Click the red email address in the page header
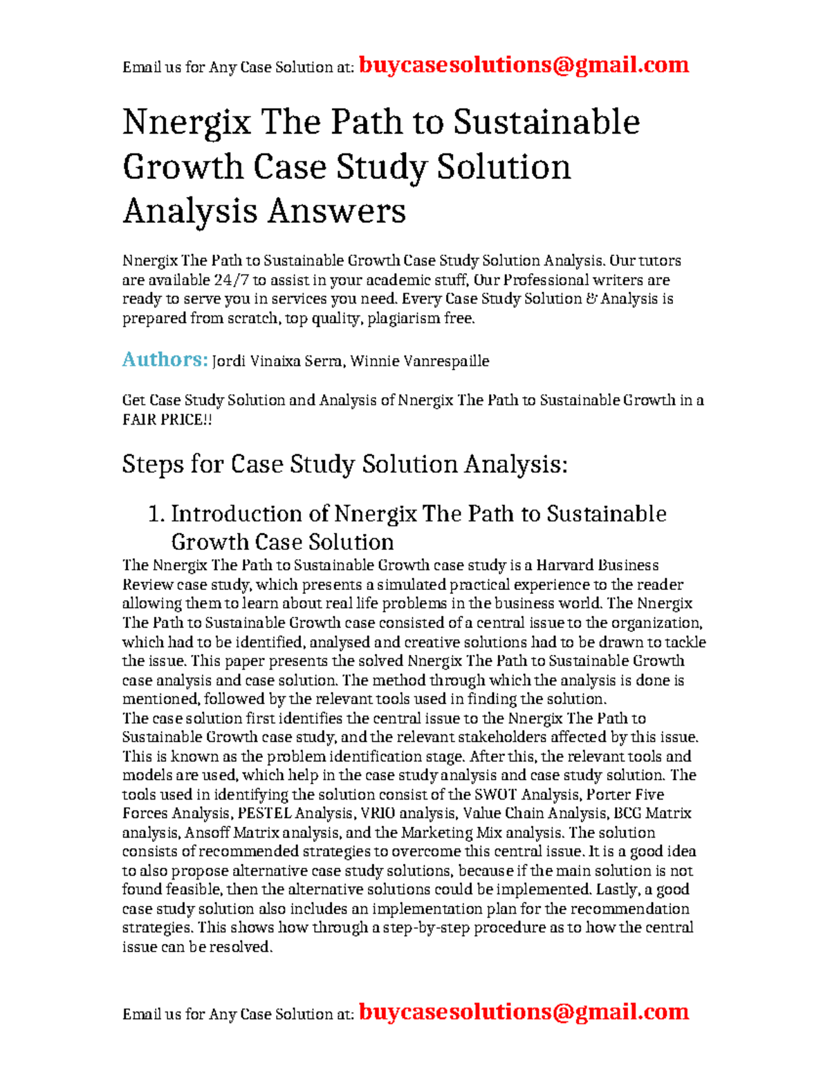524,65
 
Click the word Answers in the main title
336,211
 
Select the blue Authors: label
165,360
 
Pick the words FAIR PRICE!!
167,420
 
